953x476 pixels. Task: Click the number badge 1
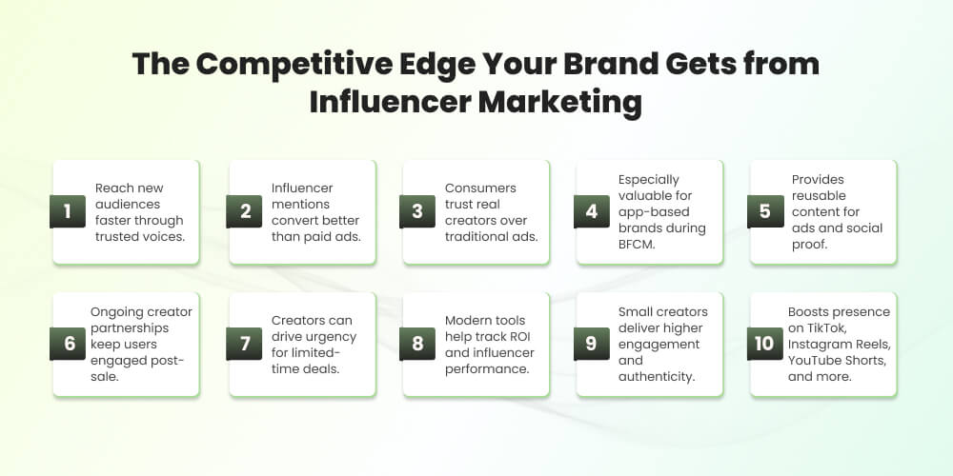[67, 211]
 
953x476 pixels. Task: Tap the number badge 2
[244, 211]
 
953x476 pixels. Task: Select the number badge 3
[417, 211]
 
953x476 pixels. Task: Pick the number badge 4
[591, 211]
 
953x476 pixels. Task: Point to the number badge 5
[765, 211]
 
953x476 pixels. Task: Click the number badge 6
[67, 344]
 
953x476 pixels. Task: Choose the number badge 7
[244, 344]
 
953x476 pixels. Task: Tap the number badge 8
[417, 344]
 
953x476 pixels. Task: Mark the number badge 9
[591, 344]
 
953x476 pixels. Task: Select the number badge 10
[765, 344]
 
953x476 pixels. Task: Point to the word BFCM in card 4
[639, 244]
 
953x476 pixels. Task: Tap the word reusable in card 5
[817, 195]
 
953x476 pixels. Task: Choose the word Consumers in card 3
[479, 188]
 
